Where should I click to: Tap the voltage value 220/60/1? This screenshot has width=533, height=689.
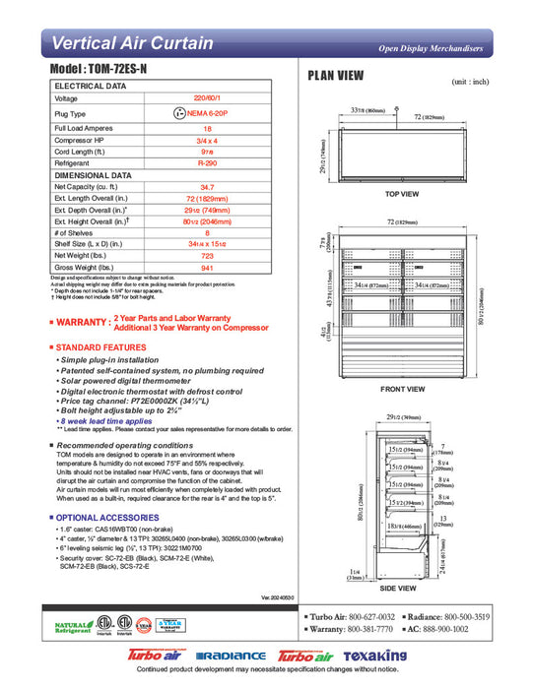click(x=207, y=98)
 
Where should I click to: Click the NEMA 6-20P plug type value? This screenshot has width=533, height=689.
click(x=207, y=114)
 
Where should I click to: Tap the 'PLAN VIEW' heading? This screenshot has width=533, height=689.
click(x=336, y=76)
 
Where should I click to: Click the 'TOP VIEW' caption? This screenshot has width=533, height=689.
click(x=401, y=193)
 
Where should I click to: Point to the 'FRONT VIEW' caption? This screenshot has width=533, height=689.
click(x=401, y=389)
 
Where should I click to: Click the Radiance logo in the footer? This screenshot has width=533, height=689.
click(x=231, y=656)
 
